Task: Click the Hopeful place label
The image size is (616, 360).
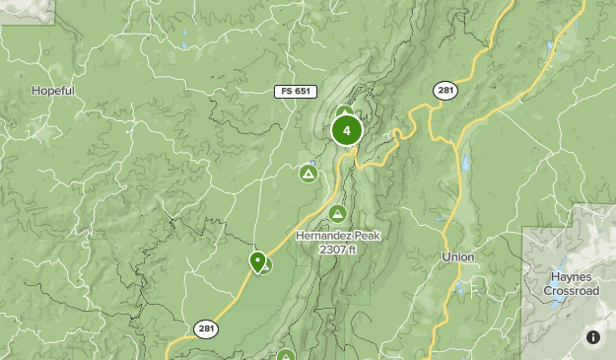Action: (53, 91)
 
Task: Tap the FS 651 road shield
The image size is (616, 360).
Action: (294, 92)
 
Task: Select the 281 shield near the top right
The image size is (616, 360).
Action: (445, 91)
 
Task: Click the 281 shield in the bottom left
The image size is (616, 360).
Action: (206, 329)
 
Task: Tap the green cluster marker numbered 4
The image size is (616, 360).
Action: (346, 130)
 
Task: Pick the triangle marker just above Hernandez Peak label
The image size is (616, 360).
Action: (337, 214)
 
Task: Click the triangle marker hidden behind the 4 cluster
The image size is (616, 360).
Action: (344, 112)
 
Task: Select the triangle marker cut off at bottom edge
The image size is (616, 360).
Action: (286, 355)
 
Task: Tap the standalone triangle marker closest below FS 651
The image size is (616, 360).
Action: (308, 174)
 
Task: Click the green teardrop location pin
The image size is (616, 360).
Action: (258, 262)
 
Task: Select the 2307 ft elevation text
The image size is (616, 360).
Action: (336, 251)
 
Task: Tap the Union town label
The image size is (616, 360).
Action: (457, 257)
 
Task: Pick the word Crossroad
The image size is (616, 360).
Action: (572, 291)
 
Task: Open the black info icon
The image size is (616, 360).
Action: (593, 337)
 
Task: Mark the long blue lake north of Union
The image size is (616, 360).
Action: (465, 164)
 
